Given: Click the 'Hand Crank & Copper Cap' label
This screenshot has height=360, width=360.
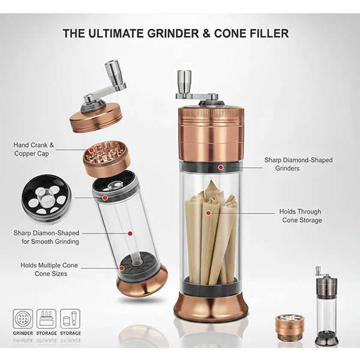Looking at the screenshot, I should point(34,149).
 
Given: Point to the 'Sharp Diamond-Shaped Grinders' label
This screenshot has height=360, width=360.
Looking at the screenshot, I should point(298,164).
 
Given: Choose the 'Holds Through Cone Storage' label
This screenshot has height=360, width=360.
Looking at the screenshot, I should point(301,216).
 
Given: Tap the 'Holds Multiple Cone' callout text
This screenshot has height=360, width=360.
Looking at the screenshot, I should point(49,265).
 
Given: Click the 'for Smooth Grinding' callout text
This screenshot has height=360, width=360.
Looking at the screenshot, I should point(50,242).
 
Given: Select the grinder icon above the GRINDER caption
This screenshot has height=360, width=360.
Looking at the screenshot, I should point(23,318).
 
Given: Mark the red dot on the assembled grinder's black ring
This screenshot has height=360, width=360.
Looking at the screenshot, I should point(220,167).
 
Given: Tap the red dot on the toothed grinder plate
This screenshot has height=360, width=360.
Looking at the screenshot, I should point(91,150).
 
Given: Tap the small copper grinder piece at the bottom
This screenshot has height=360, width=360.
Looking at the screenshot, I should point(289,325).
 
